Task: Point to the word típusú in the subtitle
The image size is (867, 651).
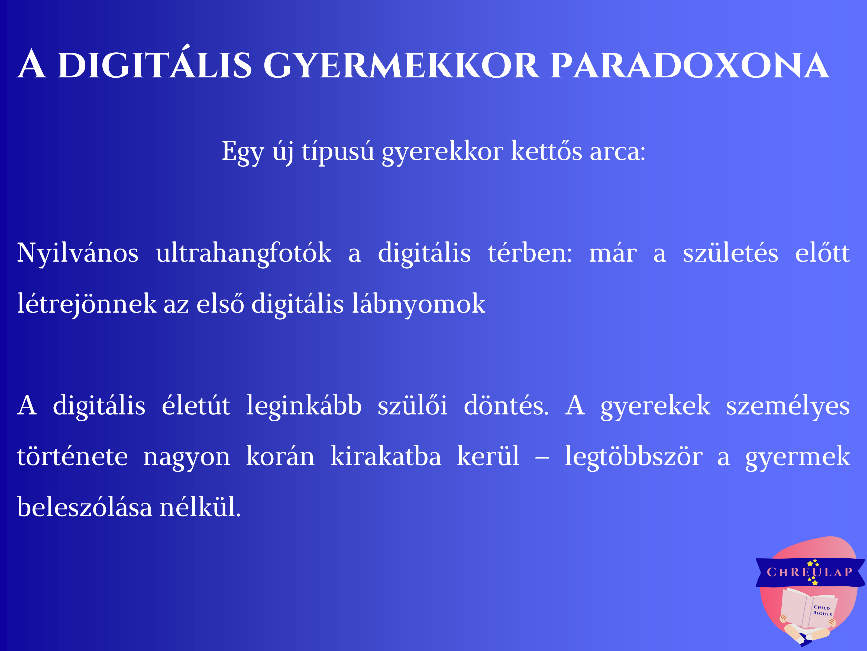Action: tap(338, 151)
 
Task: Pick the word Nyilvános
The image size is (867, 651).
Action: tap(77, 253)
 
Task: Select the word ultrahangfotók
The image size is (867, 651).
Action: tap(244, 253)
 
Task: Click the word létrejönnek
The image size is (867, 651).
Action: tap(87, 304)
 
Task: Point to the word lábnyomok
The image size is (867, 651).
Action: tap(419, 304)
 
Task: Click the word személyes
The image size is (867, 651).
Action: tap(788, 406)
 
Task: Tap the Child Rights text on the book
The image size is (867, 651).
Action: tap(822, 611)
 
